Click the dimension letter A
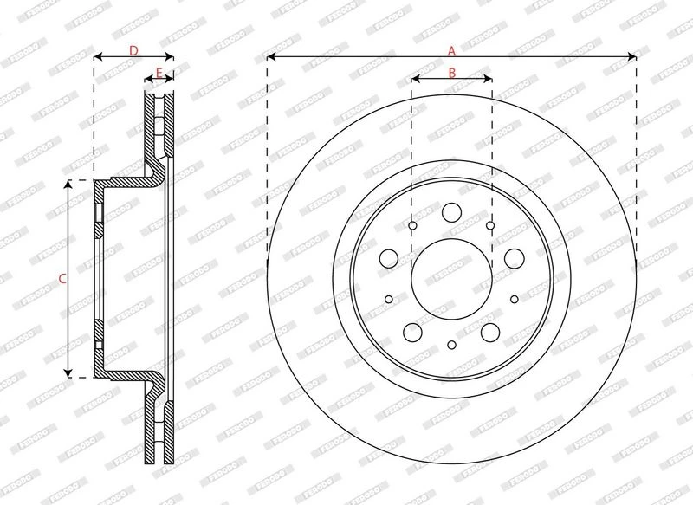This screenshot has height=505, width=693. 451,52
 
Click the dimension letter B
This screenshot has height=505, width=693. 451,73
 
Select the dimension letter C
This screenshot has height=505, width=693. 62,279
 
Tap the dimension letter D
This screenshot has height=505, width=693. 133,51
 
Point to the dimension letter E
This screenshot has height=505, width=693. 159,73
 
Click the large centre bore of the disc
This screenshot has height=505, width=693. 451,279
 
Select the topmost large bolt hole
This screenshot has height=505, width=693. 451,212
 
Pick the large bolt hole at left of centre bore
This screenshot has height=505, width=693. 389,258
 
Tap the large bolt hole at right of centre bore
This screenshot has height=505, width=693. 515,258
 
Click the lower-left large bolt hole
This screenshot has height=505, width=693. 413,333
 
